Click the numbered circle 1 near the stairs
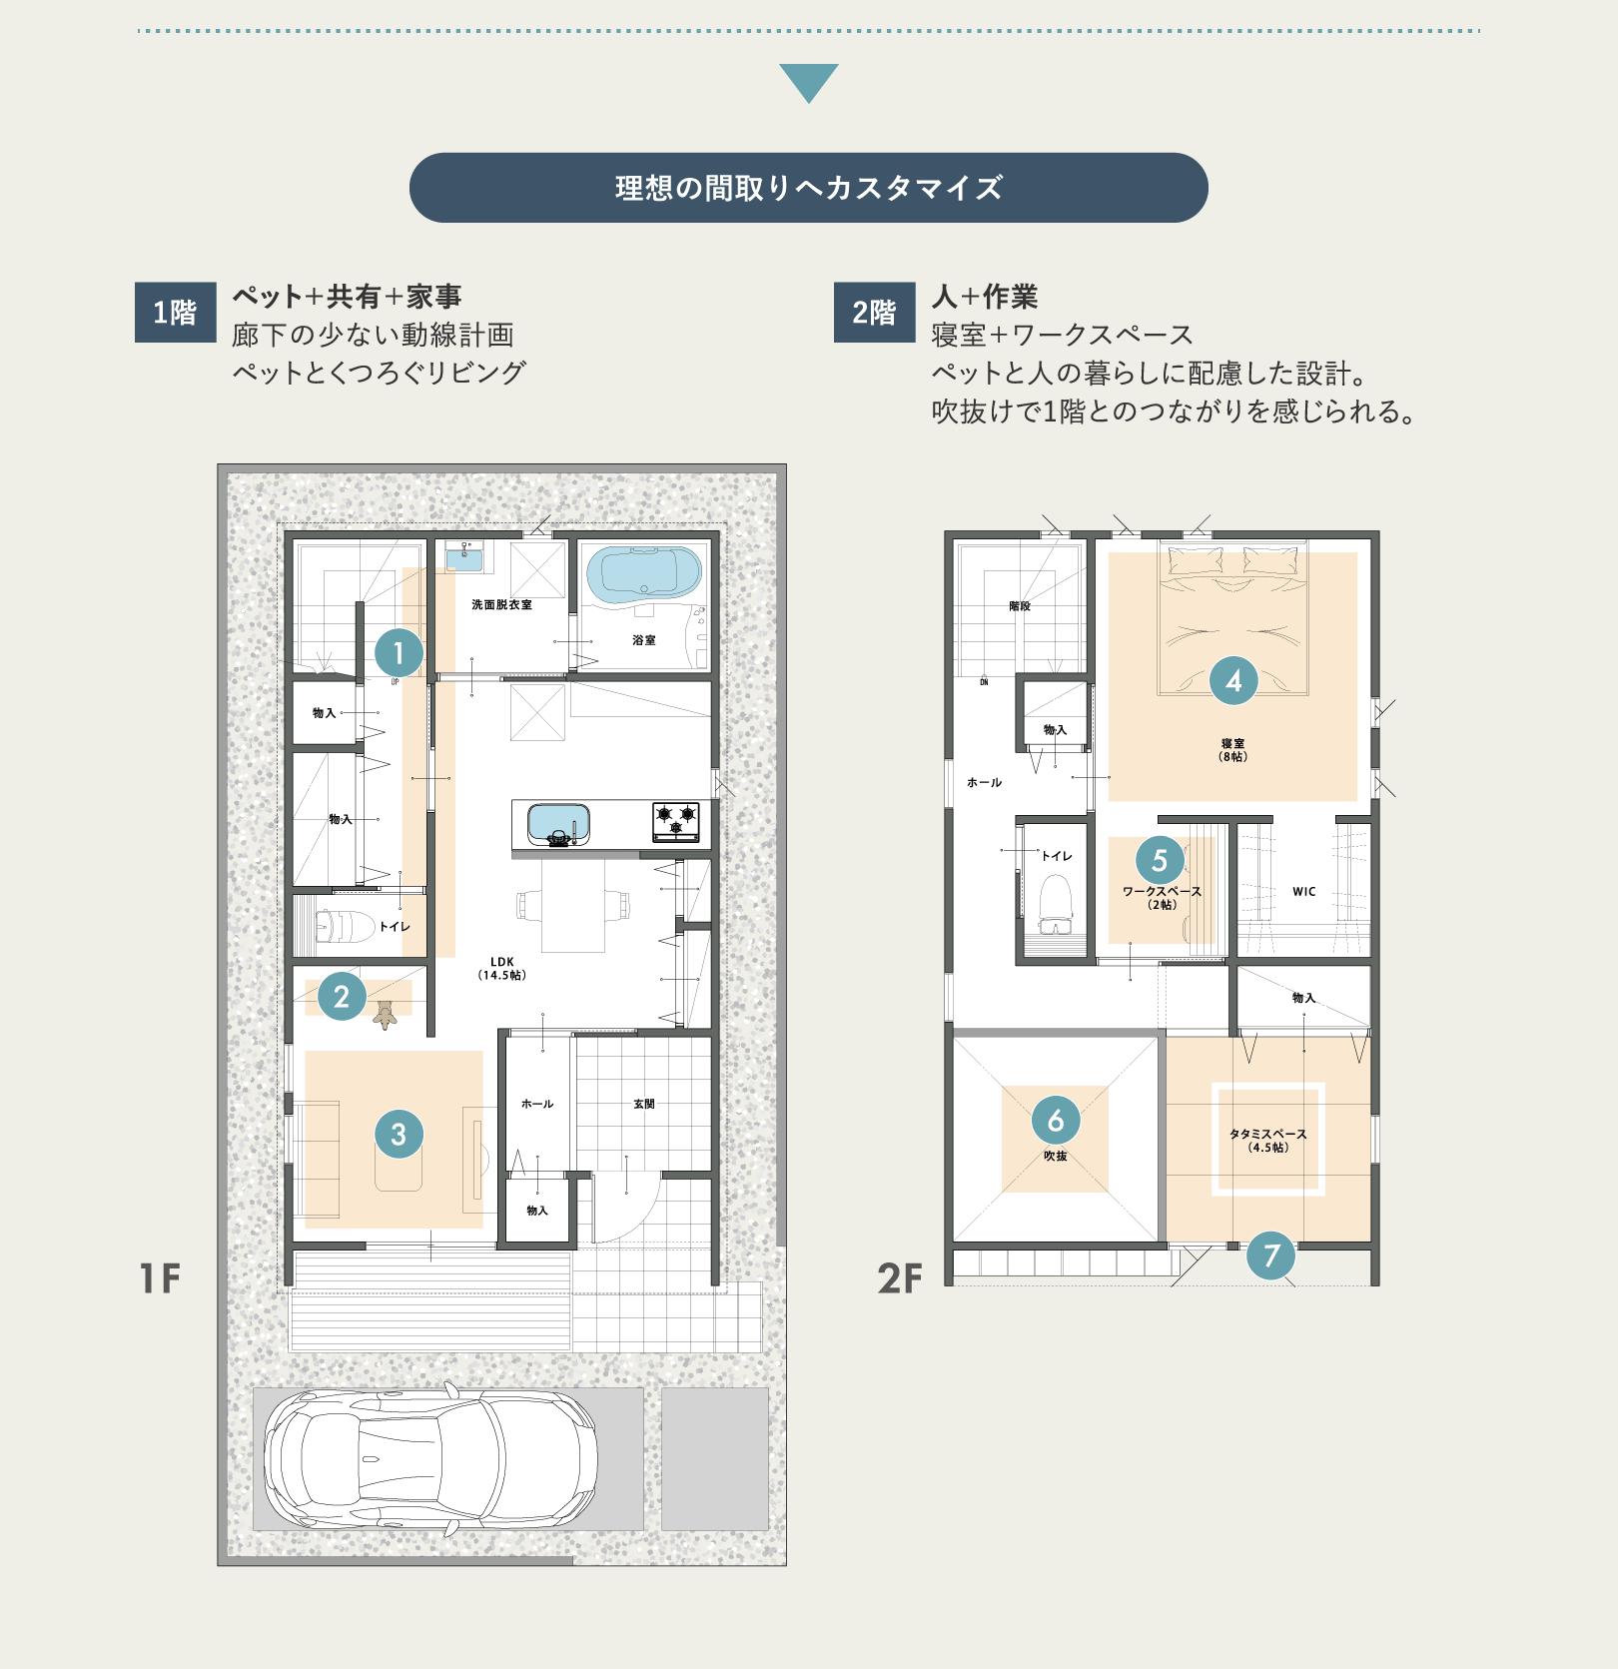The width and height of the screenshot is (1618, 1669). pos(399,653)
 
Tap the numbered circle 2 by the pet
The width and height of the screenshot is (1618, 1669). pos(342,996)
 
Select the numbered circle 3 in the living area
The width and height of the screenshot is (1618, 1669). pos(399,1134)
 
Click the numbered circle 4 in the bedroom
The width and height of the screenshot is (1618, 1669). pos(1233,681)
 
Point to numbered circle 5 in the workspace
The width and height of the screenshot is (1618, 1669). pos(1160,860)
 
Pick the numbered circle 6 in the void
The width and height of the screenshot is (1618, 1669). pos(1056,1121)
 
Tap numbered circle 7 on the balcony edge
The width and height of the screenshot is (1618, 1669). pos(1271,1255)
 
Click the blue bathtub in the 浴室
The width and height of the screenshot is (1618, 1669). pos(644,574)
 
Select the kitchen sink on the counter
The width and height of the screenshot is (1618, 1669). pos(558,824)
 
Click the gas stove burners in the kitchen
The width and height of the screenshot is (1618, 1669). pos(676,821)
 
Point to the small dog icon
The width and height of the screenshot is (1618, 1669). pos(386,1016)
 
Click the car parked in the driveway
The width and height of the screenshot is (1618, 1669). pos(430,1458)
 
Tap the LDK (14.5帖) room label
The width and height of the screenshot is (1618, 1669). pos(501,968)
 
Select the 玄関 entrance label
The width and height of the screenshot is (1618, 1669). pos(644,1104)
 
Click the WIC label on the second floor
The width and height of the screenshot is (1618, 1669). pos(1303,891)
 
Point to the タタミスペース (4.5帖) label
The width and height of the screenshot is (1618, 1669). pos(1267,1140)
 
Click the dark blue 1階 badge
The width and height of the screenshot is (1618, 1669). pos(176,313)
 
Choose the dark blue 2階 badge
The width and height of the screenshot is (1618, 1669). pos(874,313)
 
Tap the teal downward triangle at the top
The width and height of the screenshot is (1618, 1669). pos(808,81)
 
